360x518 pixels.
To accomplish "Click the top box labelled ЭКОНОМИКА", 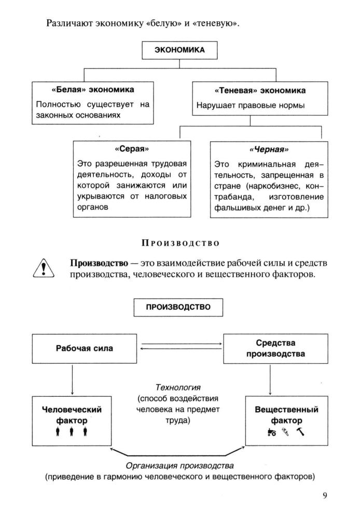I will coord(180,50).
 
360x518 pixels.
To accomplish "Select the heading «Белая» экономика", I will coord(93,90).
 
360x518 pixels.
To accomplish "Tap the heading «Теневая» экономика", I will coord(251,90).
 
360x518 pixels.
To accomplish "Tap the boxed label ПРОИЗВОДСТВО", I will coord(178,306).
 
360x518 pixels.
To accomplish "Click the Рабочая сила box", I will coord(85,348).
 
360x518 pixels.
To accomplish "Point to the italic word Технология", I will coord(178,387).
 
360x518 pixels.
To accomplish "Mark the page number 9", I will coord(325,496).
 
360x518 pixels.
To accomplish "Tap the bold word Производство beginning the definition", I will coord(93,263).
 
